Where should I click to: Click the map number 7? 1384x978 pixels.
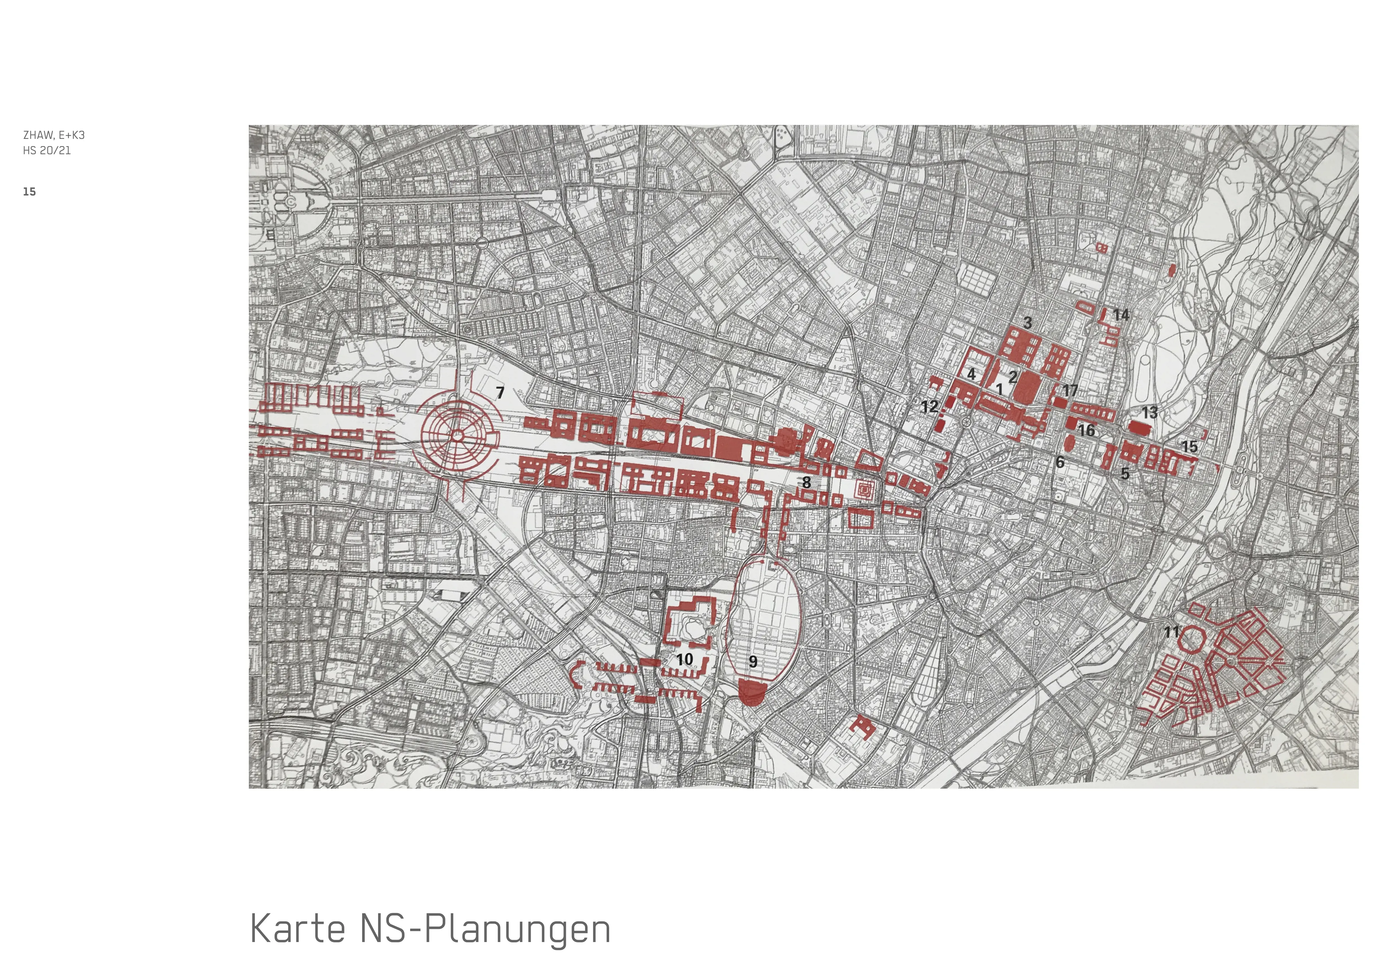500,392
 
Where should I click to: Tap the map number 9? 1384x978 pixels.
753,662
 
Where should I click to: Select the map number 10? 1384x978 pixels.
684,659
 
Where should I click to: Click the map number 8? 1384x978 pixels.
806,482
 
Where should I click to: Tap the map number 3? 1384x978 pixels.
1028,322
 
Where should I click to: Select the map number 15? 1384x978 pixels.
1189,446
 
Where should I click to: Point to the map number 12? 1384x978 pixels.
929,407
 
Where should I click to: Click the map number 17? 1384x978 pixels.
1070,390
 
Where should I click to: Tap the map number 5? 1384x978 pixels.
1125,474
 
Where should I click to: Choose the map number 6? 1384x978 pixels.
1060,462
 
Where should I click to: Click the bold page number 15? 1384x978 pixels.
30,192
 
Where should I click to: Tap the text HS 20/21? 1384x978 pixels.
47,151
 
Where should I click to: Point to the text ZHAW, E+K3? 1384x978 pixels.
54,135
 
